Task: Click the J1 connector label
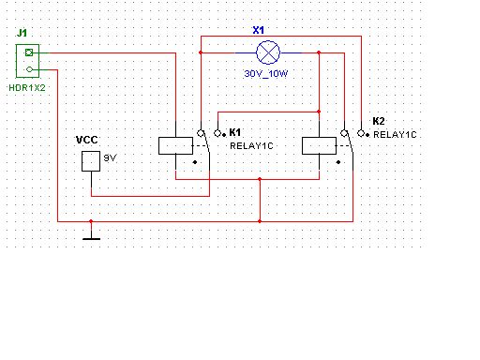click(22, 33)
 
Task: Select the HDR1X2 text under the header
click(27, 88)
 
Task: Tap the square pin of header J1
click(29, 52)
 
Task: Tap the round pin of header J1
click(29, 69)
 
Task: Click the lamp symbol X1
click(268, 52)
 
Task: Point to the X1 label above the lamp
click(259, 30)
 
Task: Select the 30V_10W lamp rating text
click(266, 74)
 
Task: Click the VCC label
click(87, 140)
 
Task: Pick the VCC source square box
click(91, 161)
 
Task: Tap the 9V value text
click(110, 158)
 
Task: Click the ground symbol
click(91, 239)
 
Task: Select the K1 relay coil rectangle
click(175, 145)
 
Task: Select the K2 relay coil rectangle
click(319, 145)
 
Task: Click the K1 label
click(235, 132)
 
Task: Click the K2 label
click(379, 121)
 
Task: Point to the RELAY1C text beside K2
click(395, 135)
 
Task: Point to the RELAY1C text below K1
click(251, 146)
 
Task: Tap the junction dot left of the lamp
click(201, 52)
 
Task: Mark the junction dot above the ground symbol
click(91, 221)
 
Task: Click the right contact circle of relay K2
click(361, 133)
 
